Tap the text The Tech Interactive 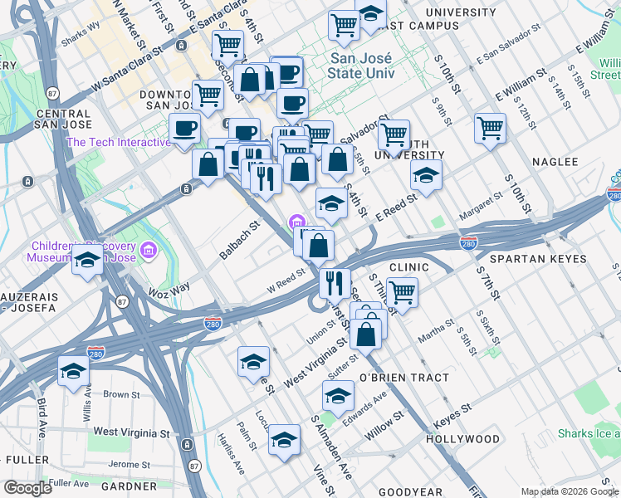point(118,142)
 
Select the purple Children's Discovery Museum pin point(148,250)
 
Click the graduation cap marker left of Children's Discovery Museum point(87,261)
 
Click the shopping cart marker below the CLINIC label point(402,293)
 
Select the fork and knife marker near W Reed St point(335,283)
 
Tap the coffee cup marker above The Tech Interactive point(185,129)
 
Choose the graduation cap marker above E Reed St point(426,176)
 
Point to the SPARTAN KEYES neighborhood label point(543,259)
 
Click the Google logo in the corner point(27,488)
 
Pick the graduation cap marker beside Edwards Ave point(338,396)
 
